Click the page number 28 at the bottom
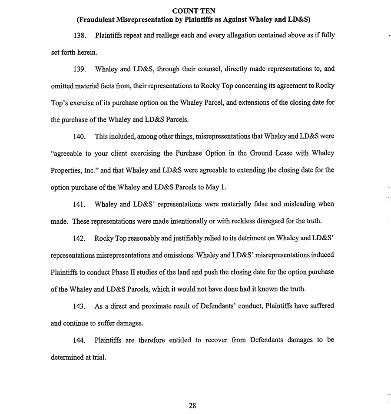coord(192,406)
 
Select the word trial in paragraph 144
coord(98,357)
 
